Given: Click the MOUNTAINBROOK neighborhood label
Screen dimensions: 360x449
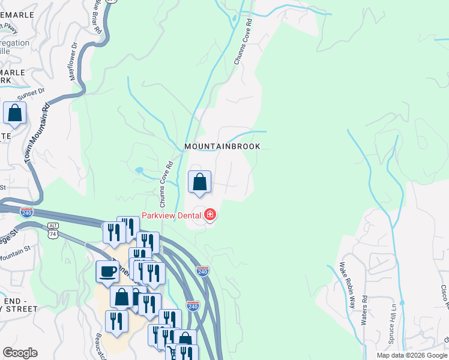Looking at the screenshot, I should point(222,146).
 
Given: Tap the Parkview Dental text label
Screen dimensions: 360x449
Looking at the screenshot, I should point(171,215).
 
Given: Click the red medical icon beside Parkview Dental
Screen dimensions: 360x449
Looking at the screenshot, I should point(210,214).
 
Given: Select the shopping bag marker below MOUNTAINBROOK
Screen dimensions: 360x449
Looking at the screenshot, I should point(199,181).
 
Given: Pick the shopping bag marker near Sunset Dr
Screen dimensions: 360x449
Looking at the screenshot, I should point(14,112).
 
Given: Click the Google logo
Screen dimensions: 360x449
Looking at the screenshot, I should point(20,353).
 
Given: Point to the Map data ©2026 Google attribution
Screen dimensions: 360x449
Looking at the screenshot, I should point(412,355).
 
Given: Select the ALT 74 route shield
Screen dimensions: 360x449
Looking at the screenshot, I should point(53,231).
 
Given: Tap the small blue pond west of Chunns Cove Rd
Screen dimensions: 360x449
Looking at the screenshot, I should point(139,170).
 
